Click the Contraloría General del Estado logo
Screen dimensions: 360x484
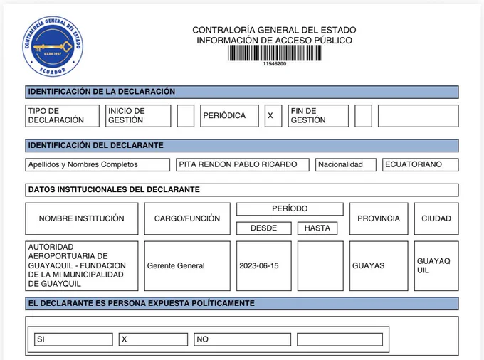[x=54, y=46]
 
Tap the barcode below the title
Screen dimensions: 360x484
[x=274, y=53]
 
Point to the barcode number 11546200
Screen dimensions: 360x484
[x=274, y=64]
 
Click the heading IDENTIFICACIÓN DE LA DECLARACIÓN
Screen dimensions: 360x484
[x=101, y=92]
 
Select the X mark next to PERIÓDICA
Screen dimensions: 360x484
[x=270, y=115]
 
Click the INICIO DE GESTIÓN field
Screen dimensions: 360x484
[x=138, y=115]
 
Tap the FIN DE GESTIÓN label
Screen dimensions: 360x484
[x=318, y=115]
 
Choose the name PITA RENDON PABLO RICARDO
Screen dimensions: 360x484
[x=243, y=164]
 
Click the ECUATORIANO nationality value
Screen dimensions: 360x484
[x=420, y=164]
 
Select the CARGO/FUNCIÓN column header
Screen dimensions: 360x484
[x=187, y=218]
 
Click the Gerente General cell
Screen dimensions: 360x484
[x=187, y=265]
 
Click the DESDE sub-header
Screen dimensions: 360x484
[x=263, y=228]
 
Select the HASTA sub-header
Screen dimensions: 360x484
[x=317, y=228]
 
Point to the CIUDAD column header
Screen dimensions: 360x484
[x=436, y=218]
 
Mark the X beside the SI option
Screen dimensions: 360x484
[x=153, y=339]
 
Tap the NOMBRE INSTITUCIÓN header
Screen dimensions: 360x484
[x=81, y=218]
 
